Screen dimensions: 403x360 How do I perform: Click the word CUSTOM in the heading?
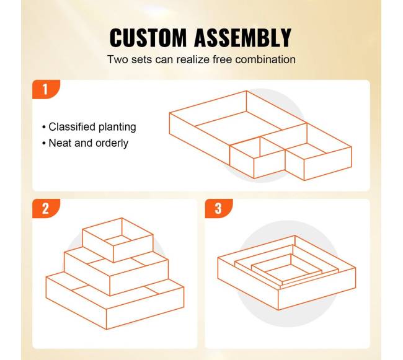pos(148,38)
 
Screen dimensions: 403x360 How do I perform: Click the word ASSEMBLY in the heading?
pos(242,38)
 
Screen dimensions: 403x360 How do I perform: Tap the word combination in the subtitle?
pos(265,59)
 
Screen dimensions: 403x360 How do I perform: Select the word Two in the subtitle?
pos(118,59)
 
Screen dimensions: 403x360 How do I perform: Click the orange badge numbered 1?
pos(46,89)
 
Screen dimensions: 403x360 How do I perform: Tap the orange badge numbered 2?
pos(46,208)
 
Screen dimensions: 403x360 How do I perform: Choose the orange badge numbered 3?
pos(219,208)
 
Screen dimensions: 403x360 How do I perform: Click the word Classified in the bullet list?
pos(72,127)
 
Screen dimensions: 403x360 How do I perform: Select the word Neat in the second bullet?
pos(60,143)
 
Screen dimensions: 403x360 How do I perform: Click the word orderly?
pos(112,143)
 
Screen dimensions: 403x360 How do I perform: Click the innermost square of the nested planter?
pos(286,268)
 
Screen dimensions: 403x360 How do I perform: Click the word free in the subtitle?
pos(223,59)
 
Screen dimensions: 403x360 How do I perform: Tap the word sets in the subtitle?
pos(141,59)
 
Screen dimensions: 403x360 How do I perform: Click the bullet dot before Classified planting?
pos(44,128)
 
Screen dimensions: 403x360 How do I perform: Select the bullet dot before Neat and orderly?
pos(44,144)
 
